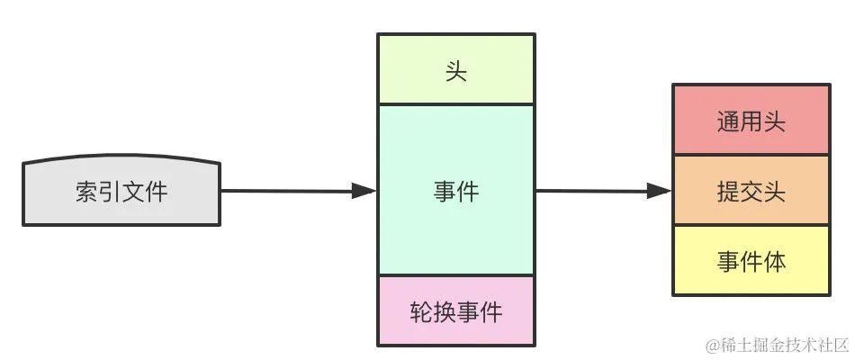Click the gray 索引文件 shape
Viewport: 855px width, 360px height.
pyautogui.click(x=121, y=191)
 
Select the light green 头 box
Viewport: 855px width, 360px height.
pyautogui.click(x=455, y=70)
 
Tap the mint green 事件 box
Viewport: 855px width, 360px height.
pyautogui.click(x=455, y=191)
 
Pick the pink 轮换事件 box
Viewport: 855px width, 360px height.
pyautogui.click(x=455, y=311)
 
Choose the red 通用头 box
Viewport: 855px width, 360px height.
pyautogui.click(x=751, y=121)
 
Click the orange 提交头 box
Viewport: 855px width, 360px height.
pyautogui.click(x=751, y=190)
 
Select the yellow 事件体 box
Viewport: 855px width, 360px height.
pyautogui.click(x=751, y=260)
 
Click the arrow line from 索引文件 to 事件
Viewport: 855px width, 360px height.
pyautogui.click(x=288, y=191)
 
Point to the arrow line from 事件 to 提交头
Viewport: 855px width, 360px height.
pyautogui.click(x=594, y=191)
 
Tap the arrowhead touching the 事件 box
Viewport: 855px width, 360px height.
pyautogui.click(x=364, y=191)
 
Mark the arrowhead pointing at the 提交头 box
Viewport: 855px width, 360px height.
pyautogui.click(x=659, y=191)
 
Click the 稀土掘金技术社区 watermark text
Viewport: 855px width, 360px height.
pyautogui.click(x=784, y=345)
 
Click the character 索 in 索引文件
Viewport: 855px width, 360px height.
pyautogui.click(x=87, y=191)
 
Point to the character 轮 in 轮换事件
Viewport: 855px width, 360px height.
pyautogui.click(x=421, y=311)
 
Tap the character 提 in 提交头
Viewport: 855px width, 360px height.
pyautogui.click(x=728, y=191)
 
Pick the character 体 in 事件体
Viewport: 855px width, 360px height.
pyautogui.click(x=774, y=261)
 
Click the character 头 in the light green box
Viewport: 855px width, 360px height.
pyautogui.click(x=455, y=70)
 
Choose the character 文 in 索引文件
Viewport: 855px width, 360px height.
pyautogui.click(x=132, y=191)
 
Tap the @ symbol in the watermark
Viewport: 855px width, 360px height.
pyautogui.click(x=712, y=346)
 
